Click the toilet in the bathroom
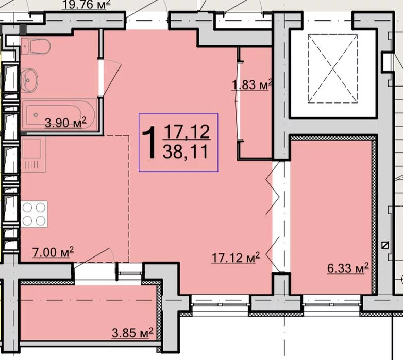click(36, 46)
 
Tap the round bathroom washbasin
click(29, 80)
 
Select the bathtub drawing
click(58, 115)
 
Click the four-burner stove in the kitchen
click(34, 214)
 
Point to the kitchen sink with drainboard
click(33, 155)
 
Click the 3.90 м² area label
click(65, 123)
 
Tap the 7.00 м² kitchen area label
click(53, 252)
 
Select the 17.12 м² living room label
click(236, 258)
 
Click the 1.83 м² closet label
click(252, 85)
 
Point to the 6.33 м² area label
click(348, 268)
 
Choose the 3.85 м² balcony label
click(132, 333)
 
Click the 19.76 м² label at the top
click(87, 5)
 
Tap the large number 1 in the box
click(149, 143)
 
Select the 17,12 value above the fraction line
click(187, 131)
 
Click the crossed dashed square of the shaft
click(333, 68)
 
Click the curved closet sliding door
click(238, 100)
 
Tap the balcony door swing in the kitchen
click(95, 257)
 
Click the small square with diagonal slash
click(385, 245)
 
